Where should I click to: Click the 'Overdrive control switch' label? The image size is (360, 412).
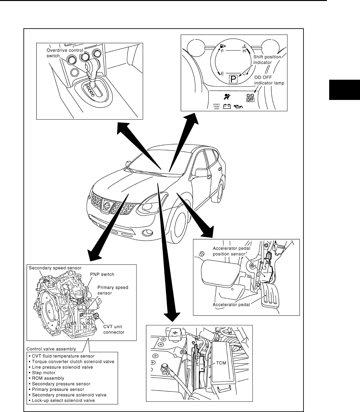tap(65, 53)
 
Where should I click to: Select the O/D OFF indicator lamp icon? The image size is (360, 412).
tap(250, 98)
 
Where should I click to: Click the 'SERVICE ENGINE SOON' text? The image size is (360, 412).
tap(216, 106)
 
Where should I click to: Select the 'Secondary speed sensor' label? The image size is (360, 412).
tap(55, 268)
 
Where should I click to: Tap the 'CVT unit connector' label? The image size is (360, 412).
tap(114, 330)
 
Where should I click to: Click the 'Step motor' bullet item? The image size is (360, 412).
tap(44, 373)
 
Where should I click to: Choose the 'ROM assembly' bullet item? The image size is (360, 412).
tap(48, 378)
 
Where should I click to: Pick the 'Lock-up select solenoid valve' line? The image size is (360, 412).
tap(63, 400)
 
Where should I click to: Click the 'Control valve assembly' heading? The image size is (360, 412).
tap(51, 349)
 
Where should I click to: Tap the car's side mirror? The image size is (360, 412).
tap(201, 172)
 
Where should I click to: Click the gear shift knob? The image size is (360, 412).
tap(92, 66)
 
